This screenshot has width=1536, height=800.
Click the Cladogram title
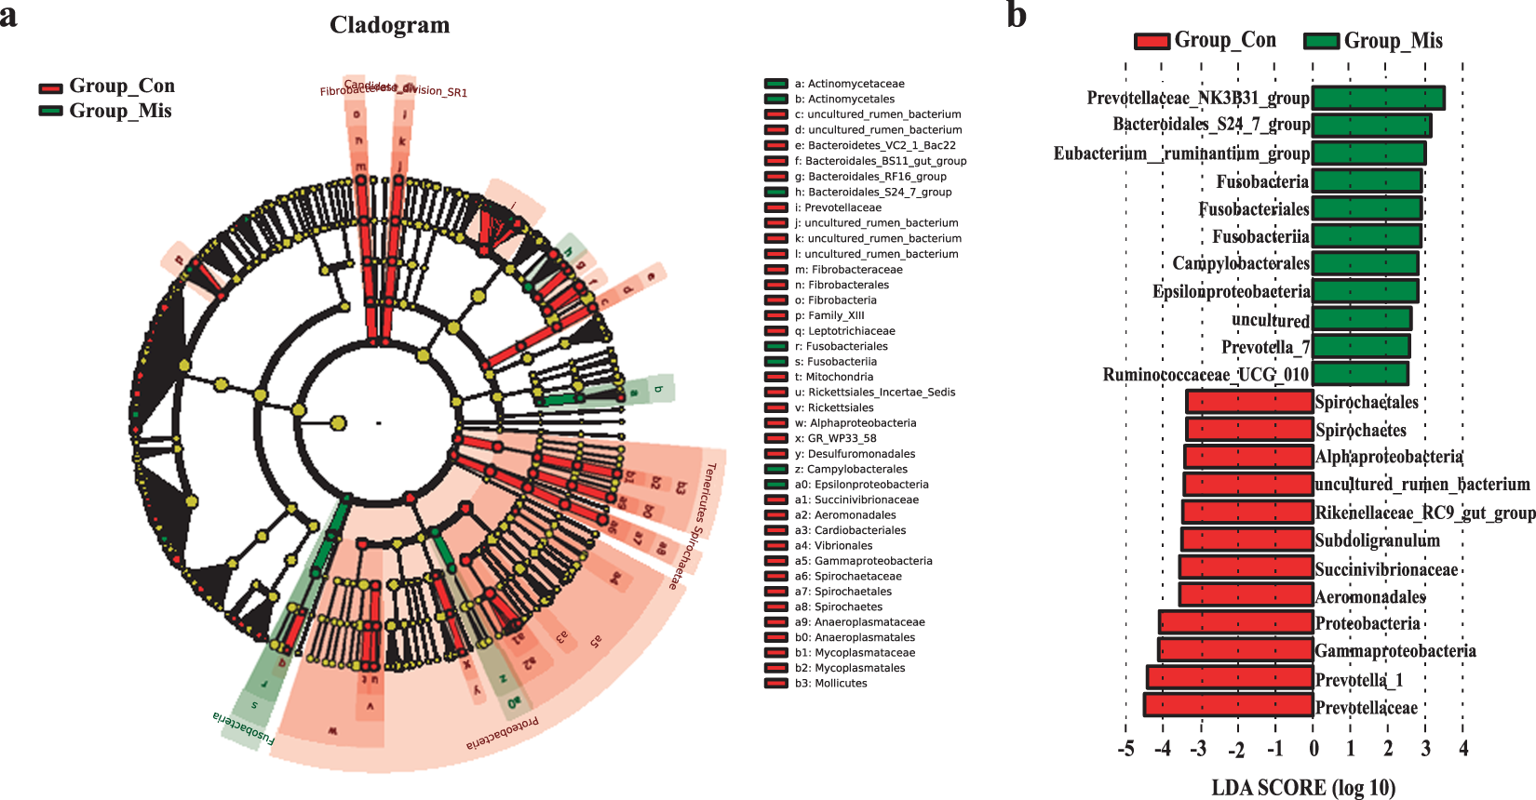(389, 25)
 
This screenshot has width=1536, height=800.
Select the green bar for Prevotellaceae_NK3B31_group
(1378, 98)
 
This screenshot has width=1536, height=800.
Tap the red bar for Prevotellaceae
(1229, 706)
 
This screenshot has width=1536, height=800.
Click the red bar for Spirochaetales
(1249, 402)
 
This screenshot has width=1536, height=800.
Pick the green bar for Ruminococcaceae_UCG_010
(1359, 374)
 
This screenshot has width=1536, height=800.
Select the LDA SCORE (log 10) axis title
(1302, 788)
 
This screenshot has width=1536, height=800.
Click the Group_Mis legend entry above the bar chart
(1374, 41)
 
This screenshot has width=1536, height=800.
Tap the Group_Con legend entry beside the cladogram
(107, 87)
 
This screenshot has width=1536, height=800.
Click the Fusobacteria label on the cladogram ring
(244, 729)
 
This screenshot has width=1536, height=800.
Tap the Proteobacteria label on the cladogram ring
(502, 732)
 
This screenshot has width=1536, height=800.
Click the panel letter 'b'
(1017, 16)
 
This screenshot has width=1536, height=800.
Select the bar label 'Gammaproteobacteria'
(1395, 651)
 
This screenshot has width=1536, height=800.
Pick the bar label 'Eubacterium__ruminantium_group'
(1181, 153)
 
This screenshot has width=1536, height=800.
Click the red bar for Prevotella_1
(1230, 678)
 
